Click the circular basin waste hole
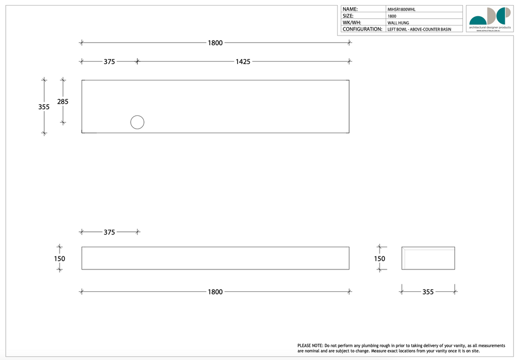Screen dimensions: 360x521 pos(137,123)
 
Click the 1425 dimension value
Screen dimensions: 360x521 pos(243,62)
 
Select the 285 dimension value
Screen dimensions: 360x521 pos(63,102)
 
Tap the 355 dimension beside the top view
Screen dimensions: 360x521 pos(44,107)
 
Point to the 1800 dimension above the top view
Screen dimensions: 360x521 pos(215,43)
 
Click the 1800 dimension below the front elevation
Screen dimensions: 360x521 pos(215,292)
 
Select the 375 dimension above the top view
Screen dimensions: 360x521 pos(109,62)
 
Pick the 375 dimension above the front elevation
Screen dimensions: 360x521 pos(109,232)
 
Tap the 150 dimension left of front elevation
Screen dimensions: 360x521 pos(60,258)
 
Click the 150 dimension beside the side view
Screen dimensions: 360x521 pos(380,258)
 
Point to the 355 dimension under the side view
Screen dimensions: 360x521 pos(428,292)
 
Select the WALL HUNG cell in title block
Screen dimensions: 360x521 pos(398,23)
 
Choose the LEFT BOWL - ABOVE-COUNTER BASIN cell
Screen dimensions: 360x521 pos(419,29)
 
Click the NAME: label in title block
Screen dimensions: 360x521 pos(350,9)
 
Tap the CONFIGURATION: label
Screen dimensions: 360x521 pos(362,29)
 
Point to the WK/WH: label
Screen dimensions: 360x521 pos(352,23)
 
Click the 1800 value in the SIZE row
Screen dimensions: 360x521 pos(392,16)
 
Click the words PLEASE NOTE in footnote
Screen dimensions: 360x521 pos(310,346)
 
